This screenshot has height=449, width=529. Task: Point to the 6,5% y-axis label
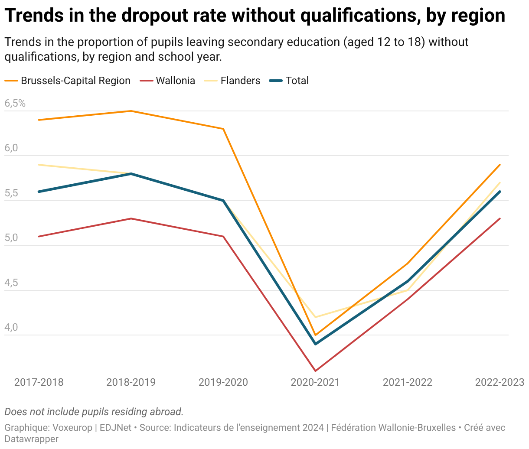[x=15, y=104]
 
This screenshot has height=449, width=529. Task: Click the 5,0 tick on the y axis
[x=11, y=238]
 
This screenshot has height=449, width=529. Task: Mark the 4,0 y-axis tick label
[x=11, y=328]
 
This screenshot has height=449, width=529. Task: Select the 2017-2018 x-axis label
[x=39, y=382]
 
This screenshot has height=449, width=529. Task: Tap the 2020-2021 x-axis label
[x=315, y=382]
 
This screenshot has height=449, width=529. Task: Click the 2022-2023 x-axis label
[x=500, y=382]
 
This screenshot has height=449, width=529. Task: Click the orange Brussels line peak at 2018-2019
[x=131, y=111]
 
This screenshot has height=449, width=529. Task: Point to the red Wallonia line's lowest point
[x=315, y=371]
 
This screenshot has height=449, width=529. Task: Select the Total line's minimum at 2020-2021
[x=315, y=344]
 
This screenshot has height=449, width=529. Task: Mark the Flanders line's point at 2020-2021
[x=315, y=317]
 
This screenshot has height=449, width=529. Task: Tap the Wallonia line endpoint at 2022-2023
[x=500, y=218]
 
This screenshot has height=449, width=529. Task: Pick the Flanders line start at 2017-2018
[x=39, y=165]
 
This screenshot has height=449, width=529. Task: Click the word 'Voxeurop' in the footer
[x=72, y=428]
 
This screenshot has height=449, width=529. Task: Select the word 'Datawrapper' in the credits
[x=31, y=439]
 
